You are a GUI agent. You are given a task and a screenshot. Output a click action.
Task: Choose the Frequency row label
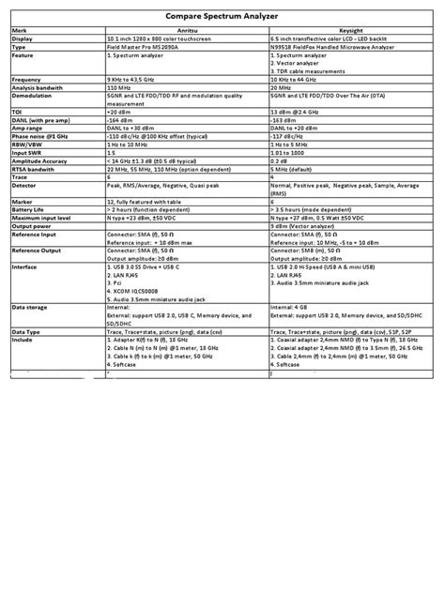tap(27, 80)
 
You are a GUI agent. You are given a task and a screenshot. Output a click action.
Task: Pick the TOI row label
tap(18, 112)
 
